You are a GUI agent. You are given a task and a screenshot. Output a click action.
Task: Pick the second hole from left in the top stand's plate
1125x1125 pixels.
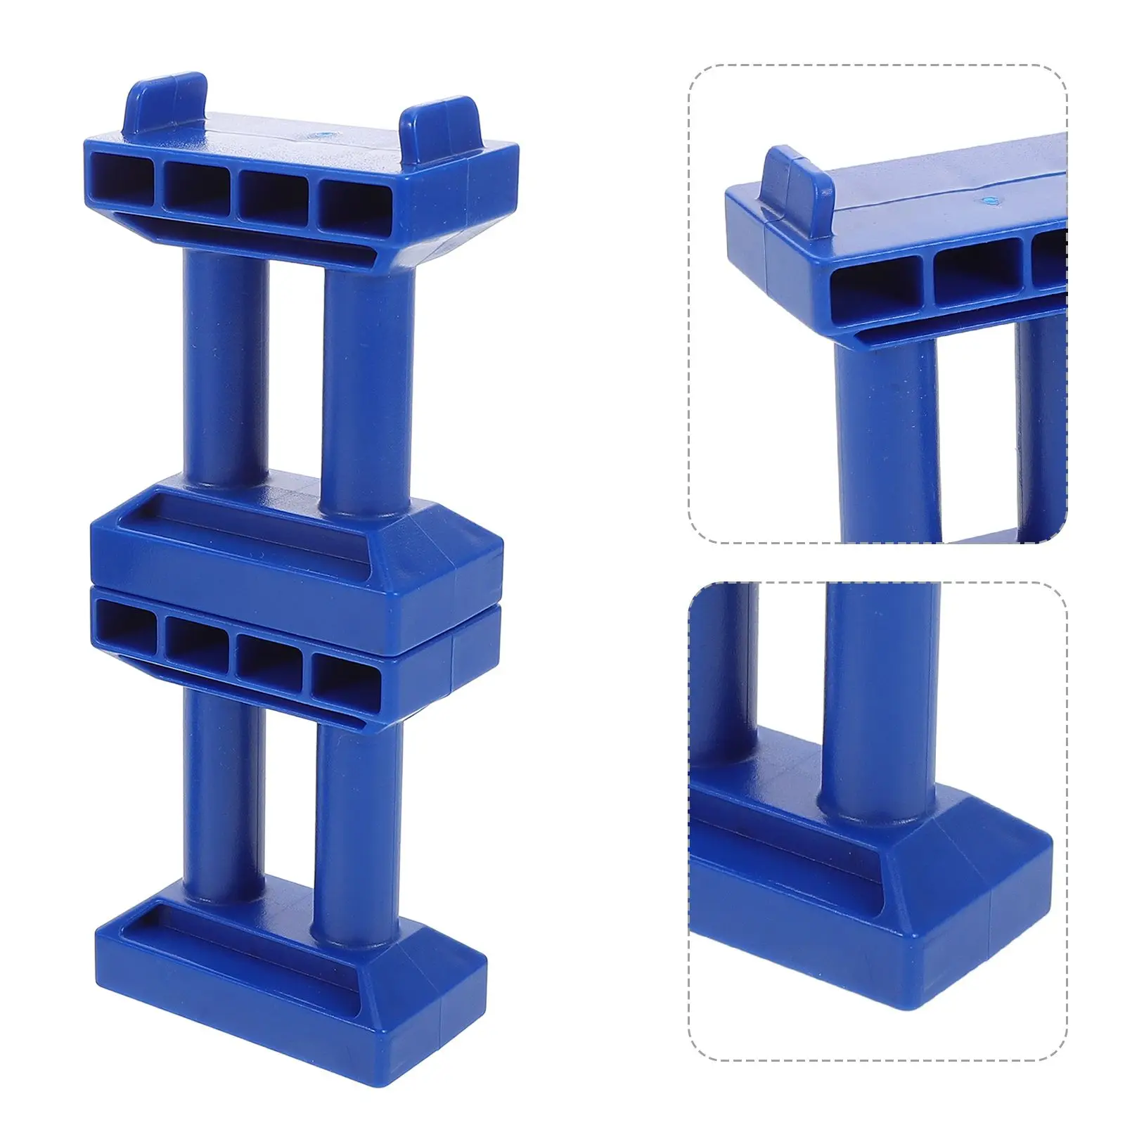pyautogui.click(x=197, y=186)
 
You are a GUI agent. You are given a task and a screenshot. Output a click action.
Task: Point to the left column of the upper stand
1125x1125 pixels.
pyautogui.click(x=225, y=366)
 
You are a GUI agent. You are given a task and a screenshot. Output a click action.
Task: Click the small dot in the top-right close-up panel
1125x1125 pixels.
pyautogui.click(x=992, y=200)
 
